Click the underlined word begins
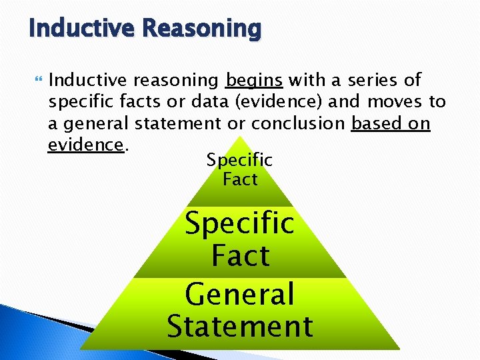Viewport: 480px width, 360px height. coord(255,81)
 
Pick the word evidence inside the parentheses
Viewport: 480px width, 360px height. coord(294,102)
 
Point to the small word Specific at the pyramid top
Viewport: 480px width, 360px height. coord(239,160)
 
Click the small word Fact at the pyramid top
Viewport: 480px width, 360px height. coord(240,179)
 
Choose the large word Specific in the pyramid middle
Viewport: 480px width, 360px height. coord(239,223)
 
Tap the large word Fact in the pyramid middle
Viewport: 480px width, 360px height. coord(240,255)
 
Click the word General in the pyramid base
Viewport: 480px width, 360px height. coord(239,294)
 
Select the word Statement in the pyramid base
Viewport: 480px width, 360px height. coord(239,327)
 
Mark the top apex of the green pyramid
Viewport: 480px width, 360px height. coord(239,138)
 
